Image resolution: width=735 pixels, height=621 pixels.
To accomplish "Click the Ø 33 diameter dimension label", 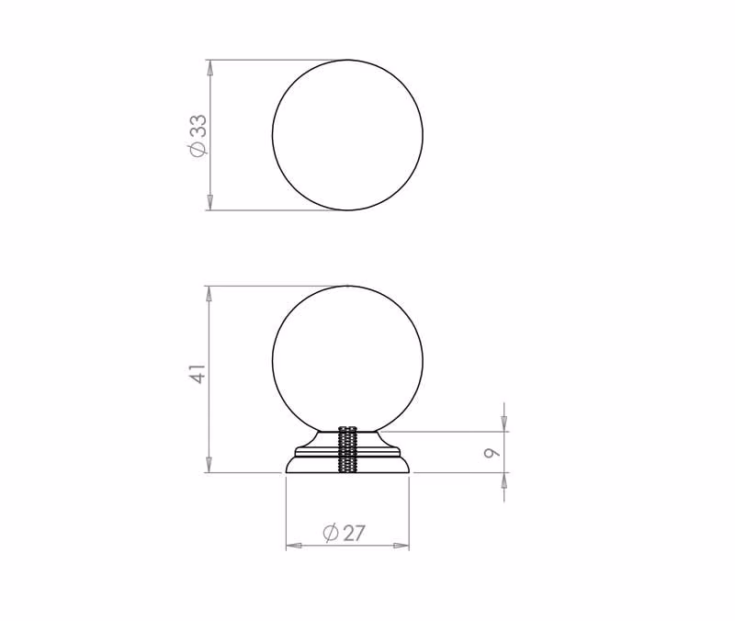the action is point(198,135).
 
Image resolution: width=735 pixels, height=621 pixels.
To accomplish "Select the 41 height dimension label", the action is point(199,374).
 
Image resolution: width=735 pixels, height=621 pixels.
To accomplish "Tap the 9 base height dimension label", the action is point(492,452).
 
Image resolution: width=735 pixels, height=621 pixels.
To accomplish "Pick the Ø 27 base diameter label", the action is point(344,533).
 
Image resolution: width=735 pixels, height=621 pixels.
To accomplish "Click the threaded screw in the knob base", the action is point(347,450).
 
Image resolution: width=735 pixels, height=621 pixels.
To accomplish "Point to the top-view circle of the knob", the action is point(272,135).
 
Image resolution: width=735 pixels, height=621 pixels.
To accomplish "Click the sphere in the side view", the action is point(272,360).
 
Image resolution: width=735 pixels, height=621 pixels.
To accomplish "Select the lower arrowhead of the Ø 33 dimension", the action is point(210,202).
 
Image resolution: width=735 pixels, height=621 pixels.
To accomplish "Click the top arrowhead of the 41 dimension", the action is point(210,294).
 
